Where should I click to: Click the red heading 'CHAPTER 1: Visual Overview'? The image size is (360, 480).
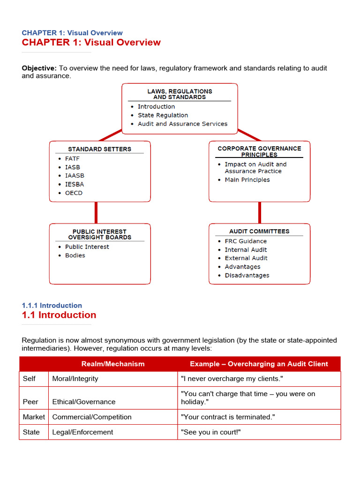coord(91,43)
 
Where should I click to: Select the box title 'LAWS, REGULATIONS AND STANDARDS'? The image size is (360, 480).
coord(180,94)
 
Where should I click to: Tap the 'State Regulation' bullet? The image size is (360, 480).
coord(163,115)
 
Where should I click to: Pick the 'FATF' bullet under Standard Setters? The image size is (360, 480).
coord(72,159)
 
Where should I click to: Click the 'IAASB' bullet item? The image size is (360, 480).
coord(75,176)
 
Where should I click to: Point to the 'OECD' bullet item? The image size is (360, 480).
coord(74,193)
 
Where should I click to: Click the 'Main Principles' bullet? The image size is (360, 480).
coord(247,180)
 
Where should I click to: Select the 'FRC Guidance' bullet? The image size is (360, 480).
coord(246,241)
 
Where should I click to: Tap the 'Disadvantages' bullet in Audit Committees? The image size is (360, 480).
coord(247,276)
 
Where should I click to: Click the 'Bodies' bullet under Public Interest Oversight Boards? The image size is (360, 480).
coord(75,255)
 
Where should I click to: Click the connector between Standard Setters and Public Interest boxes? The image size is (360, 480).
coord(96,213)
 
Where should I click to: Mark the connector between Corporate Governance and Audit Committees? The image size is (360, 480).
coord(259,213)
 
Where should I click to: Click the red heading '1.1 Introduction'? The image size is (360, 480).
coord(59,315)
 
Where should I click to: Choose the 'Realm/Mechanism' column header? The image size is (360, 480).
coord(113,364)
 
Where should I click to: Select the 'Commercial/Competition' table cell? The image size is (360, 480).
coord(92,417)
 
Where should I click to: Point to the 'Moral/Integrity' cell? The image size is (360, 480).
coord(75,379)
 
